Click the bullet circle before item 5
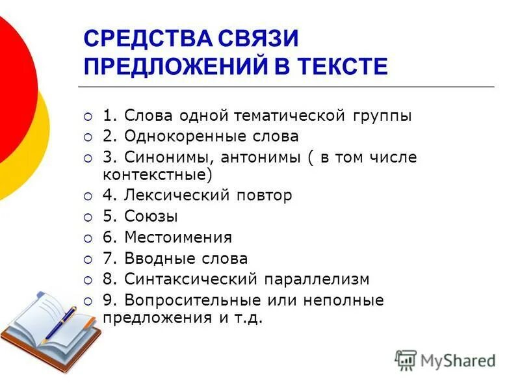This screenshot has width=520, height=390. pyautogui.click(x=88, y=217)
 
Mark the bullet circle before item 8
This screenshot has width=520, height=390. pyautogui.click(x=88, y=280)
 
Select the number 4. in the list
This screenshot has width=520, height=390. pyautogui.click(x=109, y=195)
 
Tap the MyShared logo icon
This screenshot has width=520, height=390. pyautogui.click(x=406, y=359)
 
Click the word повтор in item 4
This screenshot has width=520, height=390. pyautogui.click(x=264, y=195)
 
